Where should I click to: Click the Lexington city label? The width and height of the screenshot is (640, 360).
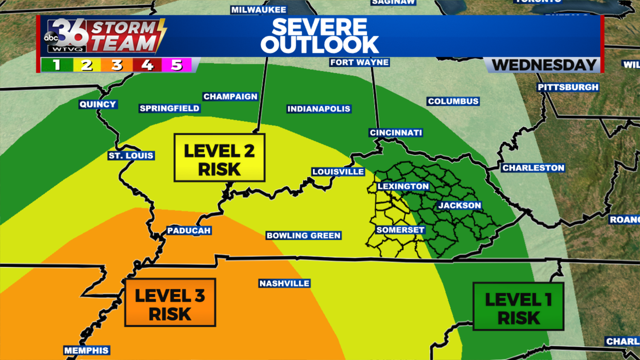click(403, 186)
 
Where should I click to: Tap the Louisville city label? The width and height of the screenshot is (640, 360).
click(338, 172)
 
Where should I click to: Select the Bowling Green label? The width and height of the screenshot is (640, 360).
click(303, 236)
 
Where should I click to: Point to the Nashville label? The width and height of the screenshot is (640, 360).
click(284, 284)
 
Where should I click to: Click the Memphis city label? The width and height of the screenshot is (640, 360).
click(86, 351)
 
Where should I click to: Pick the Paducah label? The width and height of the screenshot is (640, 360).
click(189, 231)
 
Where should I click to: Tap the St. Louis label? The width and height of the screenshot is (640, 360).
click(131, 156)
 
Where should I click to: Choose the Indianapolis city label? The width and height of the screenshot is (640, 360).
click(319, 109)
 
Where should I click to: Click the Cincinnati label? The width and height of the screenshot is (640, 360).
click(396, 133)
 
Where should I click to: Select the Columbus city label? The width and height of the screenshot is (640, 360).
click(453, 101)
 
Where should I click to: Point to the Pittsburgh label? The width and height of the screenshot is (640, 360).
click(568, 87)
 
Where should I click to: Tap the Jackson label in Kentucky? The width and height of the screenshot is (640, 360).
click(459, 206)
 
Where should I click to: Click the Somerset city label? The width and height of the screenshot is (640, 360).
click(400, 230)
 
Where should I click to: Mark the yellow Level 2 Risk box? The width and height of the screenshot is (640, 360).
click(219, 158)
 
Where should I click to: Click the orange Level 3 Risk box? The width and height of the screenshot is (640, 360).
click(170, 302)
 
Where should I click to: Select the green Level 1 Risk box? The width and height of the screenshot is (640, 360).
click(518, 306)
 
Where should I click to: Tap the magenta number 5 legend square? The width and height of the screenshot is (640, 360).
click(177, 65)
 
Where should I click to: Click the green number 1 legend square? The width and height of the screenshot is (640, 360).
click(57, 65)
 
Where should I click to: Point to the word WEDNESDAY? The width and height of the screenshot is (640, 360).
click(544, 65)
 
